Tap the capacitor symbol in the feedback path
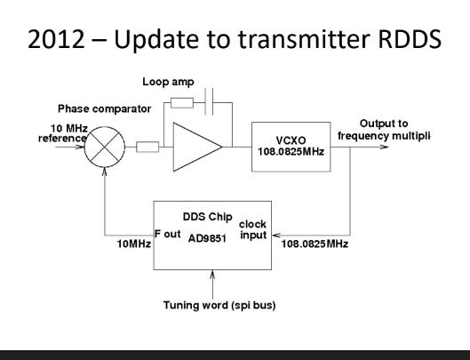click(209, 101)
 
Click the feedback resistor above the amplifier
click(182, 103)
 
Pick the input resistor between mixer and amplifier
click(147, 147)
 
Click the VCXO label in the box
click(291, 140)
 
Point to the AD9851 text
click(207, 238)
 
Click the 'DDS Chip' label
click(207, 217)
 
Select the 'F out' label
click(168, 234)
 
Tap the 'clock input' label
click(252, 229)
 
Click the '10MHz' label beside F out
click(133, 244)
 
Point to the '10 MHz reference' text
click(63, 133)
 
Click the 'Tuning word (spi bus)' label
click(219, 306)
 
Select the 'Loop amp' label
click(168, 82)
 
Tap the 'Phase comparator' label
click(104, 109)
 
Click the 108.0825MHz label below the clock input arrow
click(315, 244)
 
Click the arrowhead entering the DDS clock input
click(276, 236)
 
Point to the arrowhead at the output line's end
click(385, 147)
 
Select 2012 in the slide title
click(56, 39)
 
